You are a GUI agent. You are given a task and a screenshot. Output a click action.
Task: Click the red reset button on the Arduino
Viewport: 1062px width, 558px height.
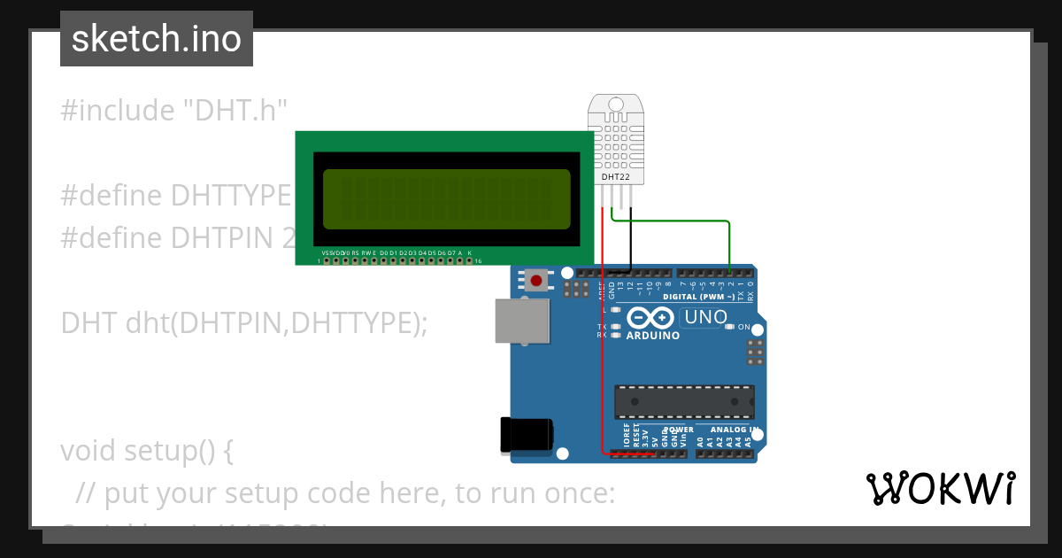[x=535, y=281]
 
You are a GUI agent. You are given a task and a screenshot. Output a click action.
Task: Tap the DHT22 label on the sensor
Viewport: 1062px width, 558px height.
[x=616, y=177]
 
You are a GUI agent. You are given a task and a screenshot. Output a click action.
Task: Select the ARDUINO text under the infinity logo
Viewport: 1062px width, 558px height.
[x=653, y=337]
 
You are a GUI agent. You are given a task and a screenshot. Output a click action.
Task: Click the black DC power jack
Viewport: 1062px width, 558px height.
[x=527, y=433]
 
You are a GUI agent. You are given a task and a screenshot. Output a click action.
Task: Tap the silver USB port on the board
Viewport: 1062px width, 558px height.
[x=520, y=320]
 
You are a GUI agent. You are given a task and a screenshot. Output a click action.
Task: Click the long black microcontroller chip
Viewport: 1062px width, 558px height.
[x=685, y=401]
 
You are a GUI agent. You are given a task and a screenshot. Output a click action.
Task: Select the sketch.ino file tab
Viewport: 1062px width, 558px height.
[x=157, y=39]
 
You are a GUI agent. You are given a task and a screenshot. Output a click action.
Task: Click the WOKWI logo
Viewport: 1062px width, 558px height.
[x=940, y=488]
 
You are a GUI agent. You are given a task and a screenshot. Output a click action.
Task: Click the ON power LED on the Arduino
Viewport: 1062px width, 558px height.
[x=729, y=327]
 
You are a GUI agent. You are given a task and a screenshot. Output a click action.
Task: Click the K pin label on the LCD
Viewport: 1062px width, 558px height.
[x=469, y=252]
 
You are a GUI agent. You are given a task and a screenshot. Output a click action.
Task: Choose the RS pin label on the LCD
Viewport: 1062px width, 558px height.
[x=355, y=252]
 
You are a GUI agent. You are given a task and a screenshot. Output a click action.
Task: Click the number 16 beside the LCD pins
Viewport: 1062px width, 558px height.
[x=479, y=262]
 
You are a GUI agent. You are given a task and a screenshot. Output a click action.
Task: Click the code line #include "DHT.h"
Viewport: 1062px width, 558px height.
[x=174, y=111]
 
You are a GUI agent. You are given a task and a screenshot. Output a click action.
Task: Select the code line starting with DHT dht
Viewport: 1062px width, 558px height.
[x=243, y=323]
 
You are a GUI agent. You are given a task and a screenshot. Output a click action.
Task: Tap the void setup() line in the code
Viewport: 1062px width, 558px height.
[x=147, y=451]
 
